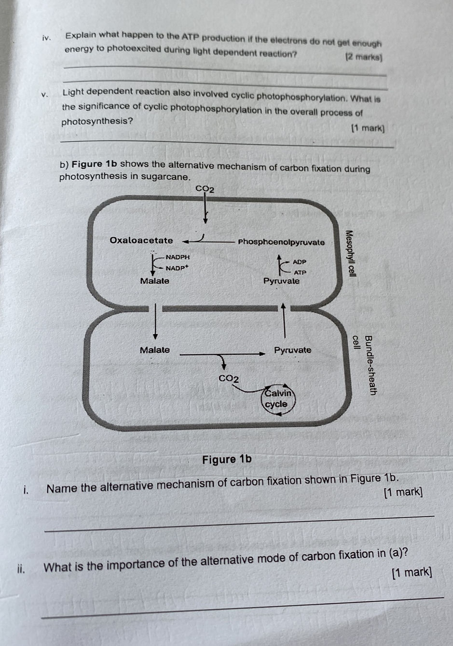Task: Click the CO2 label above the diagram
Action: click(205, 188)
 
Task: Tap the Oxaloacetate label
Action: click(141, 241)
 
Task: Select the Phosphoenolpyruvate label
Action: click(281, 242)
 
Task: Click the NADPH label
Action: click(178, 257)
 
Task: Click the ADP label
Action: click(299, 262)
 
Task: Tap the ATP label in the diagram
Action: click(300, 272)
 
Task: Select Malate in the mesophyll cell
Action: click(154, 281)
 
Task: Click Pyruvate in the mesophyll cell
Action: click(281, 281)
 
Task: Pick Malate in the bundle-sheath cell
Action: click(154, 350)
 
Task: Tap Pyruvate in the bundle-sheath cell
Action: click(292, 350)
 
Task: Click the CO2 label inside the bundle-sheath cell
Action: click(229, 378)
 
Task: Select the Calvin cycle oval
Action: click(277, 399)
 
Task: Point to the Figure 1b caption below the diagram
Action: click(227, 459)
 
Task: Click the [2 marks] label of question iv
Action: click(364, 57)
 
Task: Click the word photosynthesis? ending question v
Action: click(97, 121)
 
